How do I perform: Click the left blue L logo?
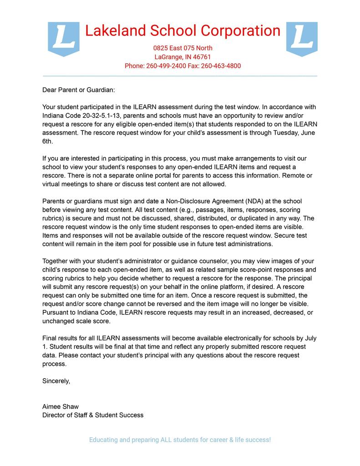point(64,39)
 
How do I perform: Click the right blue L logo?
point(302,39)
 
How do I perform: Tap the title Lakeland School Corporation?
point(183,31)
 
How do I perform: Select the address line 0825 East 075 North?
point(183,48)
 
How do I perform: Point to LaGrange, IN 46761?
point(183,57)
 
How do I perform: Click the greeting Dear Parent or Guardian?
point(79,90)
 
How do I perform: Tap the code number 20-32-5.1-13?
point(104,116)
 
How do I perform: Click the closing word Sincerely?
point(56,381)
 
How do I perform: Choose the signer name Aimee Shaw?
point(61,406)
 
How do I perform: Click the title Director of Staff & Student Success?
point(93,415)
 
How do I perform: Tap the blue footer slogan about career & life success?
point(180,440)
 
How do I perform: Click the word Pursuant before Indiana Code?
point(57,313)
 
